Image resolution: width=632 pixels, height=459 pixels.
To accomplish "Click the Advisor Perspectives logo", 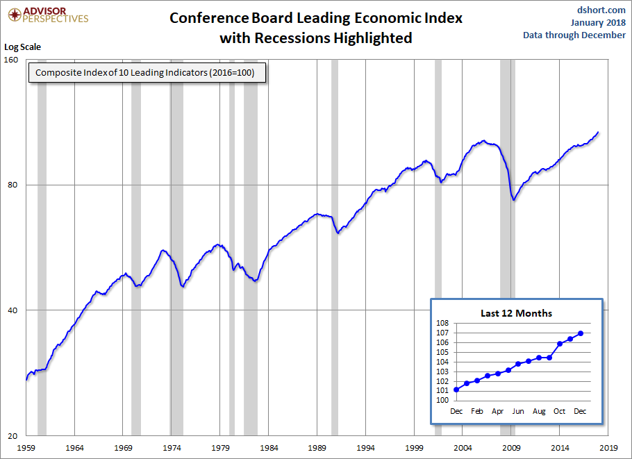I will tap(47, 15).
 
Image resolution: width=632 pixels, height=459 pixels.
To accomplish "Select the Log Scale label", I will tap(23, 47).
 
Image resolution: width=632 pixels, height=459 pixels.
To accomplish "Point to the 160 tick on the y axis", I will tap(12, 60).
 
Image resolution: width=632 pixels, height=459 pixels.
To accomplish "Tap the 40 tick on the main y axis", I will tap(13, 310).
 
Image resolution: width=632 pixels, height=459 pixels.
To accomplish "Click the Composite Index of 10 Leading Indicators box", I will tap(146, 73).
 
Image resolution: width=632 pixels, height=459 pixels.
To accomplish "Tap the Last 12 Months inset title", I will tap(516, 313).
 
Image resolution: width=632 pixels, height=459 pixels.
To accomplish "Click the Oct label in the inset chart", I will tap(560, 411).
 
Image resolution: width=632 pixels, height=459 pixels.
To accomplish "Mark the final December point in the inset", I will tap(581, 333).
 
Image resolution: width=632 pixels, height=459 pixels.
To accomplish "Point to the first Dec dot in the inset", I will tap(456, 390).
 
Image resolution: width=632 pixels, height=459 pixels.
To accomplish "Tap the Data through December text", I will tap(574, 35).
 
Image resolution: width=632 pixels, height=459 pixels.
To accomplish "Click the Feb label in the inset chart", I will tap(477, 411).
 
